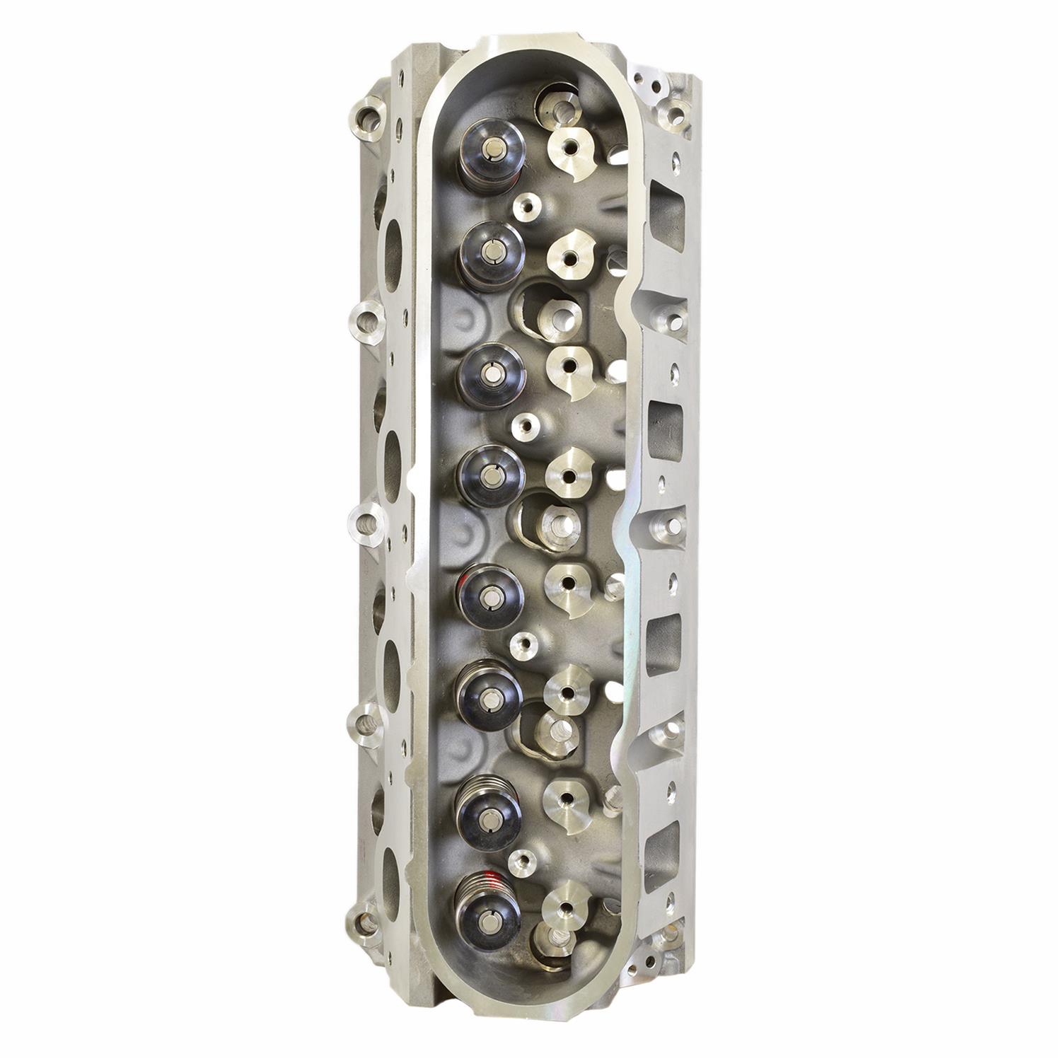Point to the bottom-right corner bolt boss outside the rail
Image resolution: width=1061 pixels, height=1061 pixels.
click(x=668, y=935)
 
